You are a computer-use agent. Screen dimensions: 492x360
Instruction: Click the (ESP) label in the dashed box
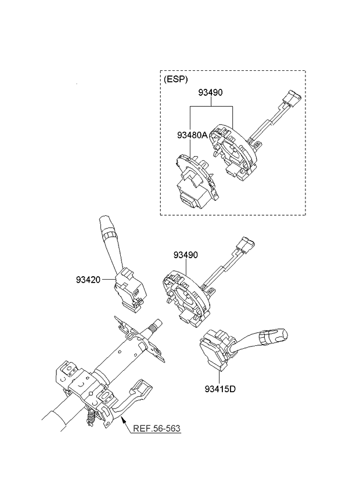(177, 79)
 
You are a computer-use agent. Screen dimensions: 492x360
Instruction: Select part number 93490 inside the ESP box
(210, 92)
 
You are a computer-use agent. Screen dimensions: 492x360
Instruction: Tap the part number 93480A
(192, 135)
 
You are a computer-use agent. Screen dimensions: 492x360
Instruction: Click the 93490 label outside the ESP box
(185, 255)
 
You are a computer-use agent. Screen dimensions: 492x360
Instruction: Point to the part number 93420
(88, 280)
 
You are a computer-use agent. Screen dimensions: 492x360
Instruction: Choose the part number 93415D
(220, 389)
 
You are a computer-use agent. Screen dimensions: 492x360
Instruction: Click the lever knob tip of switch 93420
(106, 224)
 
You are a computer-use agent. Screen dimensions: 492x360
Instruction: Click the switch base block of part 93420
(129, 287)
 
